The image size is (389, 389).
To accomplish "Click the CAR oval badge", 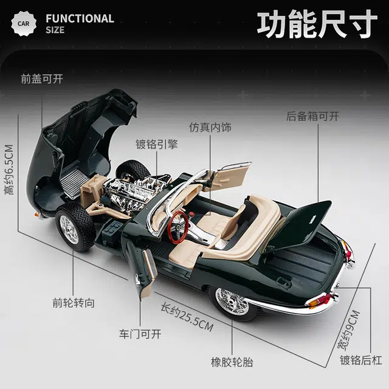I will pyautogui.click(x=23, y=24).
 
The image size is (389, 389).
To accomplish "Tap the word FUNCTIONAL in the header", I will pyautogui.click(x=80, y=18).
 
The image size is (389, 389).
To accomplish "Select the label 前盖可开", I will pyautogui.click(x=42, y=78).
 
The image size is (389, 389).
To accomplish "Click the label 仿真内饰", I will pyautogui.click(x=210, y=128).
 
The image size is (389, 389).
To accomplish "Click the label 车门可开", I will pyautogui.click(x=140, y=334).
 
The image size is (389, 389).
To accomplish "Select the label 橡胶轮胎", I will pyautogui.click(x=232, y=362).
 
